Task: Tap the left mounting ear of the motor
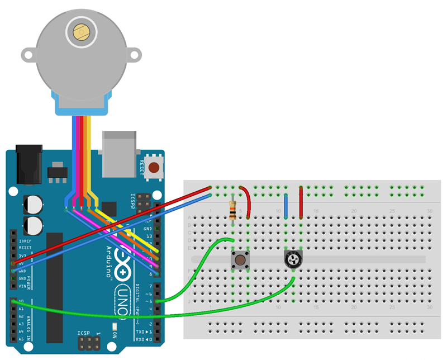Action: click(28, 55)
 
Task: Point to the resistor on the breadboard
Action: click(232, 210)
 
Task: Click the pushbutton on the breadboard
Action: click(240, 259)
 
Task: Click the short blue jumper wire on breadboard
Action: click(286, 206)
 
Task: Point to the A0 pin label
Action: click(21, 301)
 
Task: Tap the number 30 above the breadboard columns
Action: click(429, 211)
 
